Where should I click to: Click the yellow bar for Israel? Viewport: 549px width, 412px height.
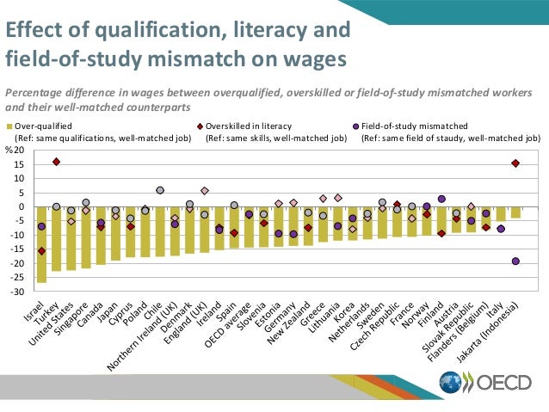(41, 244)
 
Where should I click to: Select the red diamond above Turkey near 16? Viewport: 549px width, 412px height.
(57, 162)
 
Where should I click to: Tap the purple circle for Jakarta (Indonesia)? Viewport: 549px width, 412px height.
(515, 261)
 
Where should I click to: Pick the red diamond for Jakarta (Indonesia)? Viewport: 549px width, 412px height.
(515, 163)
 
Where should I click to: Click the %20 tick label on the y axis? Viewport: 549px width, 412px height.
(15, 151)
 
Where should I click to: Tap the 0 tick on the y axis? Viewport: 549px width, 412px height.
(22, 207)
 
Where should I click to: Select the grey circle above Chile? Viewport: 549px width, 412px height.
(159, 190)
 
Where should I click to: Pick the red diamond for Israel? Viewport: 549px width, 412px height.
(41, 251)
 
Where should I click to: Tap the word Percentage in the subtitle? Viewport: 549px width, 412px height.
(36, 92)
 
